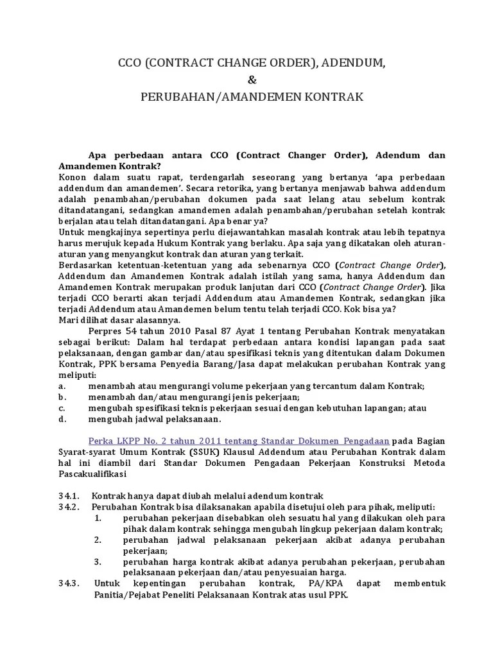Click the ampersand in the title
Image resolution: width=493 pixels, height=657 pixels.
[x=251, y=80]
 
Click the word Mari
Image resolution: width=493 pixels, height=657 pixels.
[x=69, y=320]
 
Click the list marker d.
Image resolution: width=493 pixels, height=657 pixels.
[x=62, y=419]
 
